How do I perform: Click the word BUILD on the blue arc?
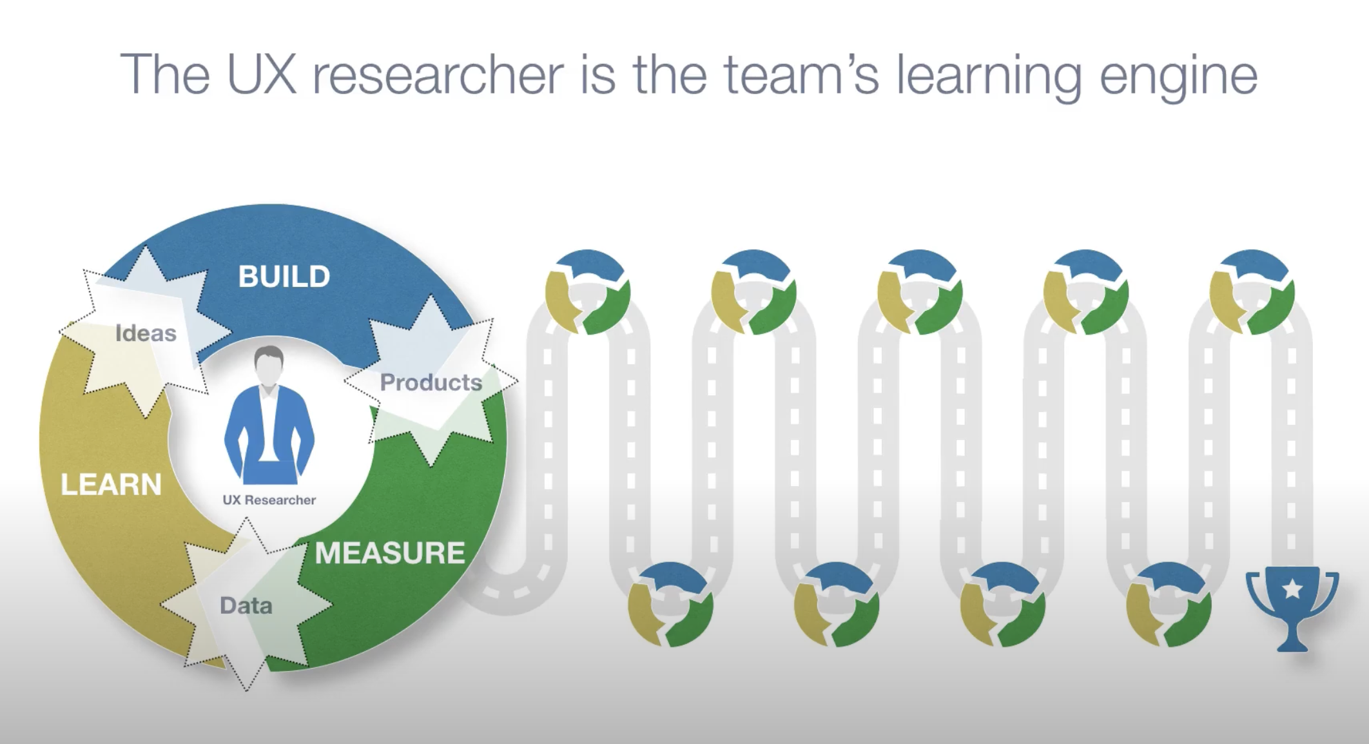(x=284, y=277)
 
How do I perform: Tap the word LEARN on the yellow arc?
(x=111, y=485)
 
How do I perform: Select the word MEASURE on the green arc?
(x=389, y=553)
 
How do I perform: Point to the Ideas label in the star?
(x=146, y=333)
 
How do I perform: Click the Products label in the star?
(x=431, y=382)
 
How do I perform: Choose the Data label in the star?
(x=246, y=605)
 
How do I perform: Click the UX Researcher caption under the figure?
(x=269, y=500)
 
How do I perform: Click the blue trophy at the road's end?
(x=1292, y=609)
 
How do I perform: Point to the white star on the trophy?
(x=1292, y=589)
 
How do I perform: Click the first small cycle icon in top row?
(x=587, y=292)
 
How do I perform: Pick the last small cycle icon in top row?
(x=1252, y=292)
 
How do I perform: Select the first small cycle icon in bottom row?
(x=670, y=604)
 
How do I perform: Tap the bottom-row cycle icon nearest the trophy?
(x=1169, y=604)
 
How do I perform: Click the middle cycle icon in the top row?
(x=920, y=292)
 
